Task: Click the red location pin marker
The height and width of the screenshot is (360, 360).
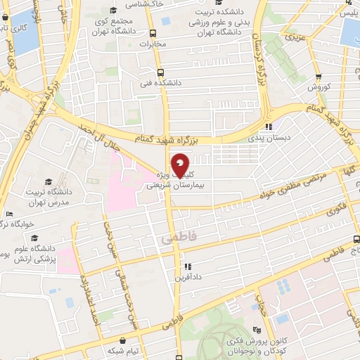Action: [181, 165]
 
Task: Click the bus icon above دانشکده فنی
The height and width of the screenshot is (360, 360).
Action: [160, 72]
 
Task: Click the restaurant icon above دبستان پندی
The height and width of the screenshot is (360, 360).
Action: [268, 127]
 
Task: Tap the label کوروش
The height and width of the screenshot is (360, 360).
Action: [319, 87]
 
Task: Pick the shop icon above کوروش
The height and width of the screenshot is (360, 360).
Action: [319, 77]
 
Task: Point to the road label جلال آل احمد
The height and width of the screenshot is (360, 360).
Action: [98, 136]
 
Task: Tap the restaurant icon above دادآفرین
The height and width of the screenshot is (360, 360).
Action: [188, 266]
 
